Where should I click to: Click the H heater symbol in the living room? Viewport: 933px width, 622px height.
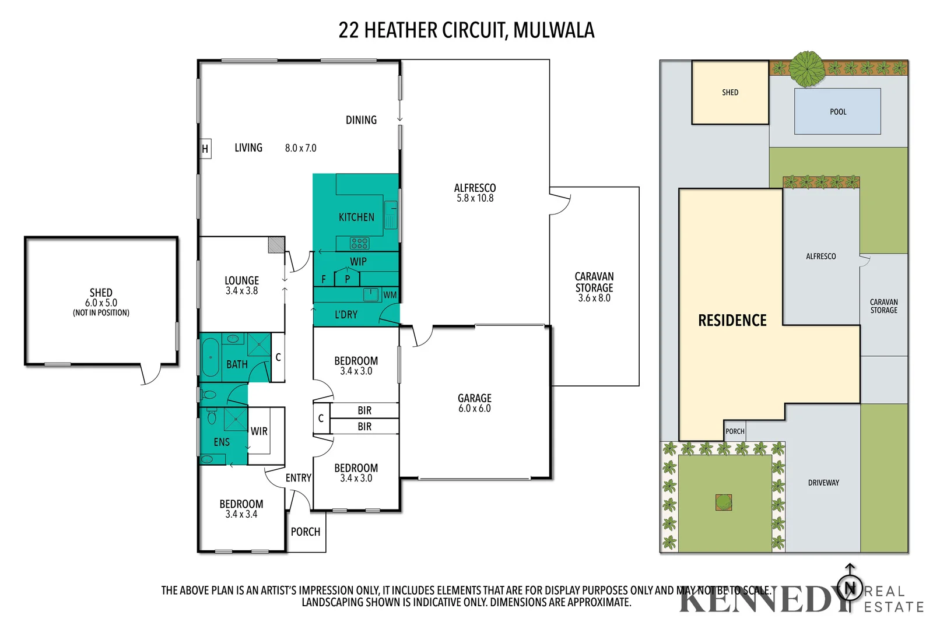tap(205, 149)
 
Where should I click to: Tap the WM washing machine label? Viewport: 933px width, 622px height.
tap(390, 295)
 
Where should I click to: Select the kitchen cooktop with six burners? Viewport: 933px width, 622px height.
tap(359, 243)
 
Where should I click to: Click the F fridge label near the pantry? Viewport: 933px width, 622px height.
tap(324, 279)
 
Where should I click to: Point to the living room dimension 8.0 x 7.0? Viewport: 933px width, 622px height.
tap(300, 148)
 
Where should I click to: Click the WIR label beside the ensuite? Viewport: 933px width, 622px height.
tap(259, 431)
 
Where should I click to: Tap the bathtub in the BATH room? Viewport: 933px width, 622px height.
tap(210, 357)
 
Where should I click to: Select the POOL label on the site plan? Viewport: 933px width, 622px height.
tap(838, 112)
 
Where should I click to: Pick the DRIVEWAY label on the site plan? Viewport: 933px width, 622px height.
tap(823, 483)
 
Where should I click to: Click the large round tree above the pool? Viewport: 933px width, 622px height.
tap(807, 69)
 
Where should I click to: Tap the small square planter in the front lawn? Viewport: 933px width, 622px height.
tap(724, 502)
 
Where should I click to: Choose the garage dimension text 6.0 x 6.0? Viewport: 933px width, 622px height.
tap(474, 409)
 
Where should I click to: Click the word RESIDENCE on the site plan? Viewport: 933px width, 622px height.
tap(732, 321)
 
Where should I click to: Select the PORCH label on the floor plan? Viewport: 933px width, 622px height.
tap(306, 532)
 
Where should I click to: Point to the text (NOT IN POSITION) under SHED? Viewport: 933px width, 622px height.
tap(101, 313)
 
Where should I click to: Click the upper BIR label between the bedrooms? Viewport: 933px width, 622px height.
tap(364, 410)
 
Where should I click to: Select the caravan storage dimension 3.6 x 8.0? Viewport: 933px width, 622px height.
tap(594, 298)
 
